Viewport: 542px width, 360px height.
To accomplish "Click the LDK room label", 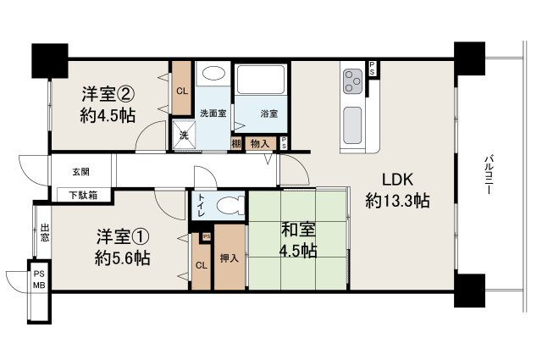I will coord(396,180).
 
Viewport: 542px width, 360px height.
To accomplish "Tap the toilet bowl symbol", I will coord(230,205).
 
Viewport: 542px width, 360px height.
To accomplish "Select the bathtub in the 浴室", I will coord(260,81).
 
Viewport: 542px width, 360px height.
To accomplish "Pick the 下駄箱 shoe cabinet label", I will coord(82,195).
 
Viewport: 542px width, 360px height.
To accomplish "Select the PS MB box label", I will coord(39,280).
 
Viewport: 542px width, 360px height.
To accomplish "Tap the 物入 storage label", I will coord(260,144).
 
